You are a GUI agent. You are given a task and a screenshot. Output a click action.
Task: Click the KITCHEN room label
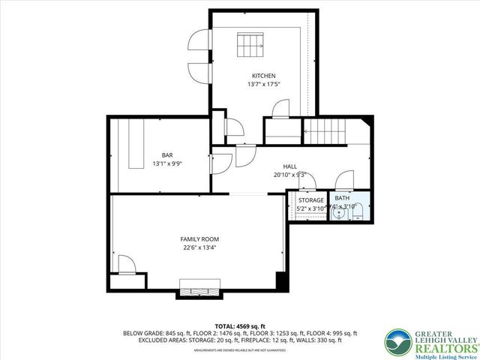click(x=263, y=76)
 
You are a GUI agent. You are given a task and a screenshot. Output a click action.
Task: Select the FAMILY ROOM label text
click(x=199, y=239)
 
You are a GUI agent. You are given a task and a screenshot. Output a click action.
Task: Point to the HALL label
click(x=290, y=166)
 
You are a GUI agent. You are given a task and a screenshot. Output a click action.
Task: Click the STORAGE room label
click(x=310, y=200)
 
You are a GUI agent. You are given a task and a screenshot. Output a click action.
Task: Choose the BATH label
click(x=342, y=198)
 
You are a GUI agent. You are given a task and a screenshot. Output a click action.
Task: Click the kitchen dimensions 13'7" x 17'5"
click(x=263, y=84)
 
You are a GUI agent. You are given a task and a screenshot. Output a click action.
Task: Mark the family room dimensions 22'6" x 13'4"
click(x=199, y=247)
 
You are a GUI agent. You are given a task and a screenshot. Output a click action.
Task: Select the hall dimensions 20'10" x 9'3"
click(x=290, y=175)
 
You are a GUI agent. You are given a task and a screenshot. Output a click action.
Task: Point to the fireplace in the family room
click(x=199, y=288)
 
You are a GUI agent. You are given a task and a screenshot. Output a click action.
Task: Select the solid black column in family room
click(x=282, y=281)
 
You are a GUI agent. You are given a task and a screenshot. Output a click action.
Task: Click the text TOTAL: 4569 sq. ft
click(x=239, y=326)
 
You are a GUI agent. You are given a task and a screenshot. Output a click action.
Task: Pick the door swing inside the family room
click(x=127, y=264)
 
